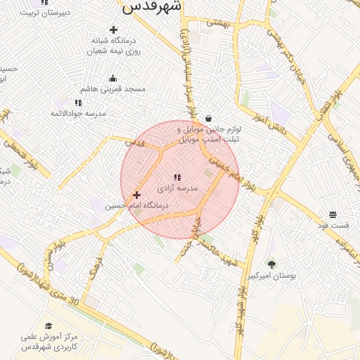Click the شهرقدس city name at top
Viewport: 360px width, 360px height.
(152, 6)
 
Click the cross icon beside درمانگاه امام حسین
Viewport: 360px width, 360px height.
(136, 195)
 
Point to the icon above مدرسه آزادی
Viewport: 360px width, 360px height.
(178, 177)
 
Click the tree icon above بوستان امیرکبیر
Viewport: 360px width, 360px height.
(271, 264)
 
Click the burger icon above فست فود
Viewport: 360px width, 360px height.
(333, 214)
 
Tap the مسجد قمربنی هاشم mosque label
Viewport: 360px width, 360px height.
(113, 89)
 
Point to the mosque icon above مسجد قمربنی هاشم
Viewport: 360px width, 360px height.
(113, 78)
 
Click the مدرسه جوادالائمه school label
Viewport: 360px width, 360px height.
(77, 113)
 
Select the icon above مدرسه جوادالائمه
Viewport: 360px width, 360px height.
(78, 103)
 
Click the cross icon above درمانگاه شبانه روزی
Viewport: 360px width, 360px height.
(113, 30)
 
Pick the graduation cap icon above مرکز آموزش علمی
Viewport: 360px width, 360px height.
(49, 326)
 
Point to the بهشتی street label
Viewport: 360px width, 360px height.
(218, 22)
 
